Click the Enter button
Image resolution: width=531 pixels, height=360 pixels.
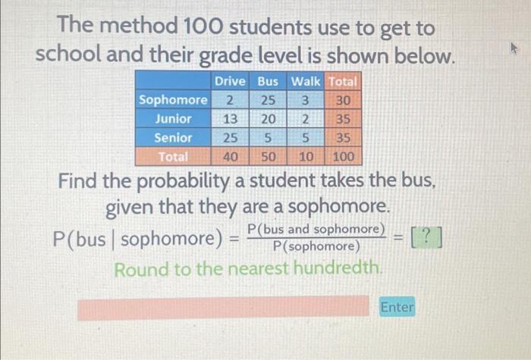397,307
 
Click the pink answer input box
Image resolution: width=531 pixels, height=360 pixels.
227,308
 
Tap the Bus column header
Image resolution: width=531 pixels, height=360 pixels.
268,81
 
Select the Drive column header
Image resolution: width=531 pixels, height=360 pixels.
230,81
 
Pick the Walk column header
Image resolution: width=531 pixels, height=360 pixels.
306,81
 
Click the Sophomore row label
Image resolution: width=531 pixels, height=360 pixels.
173,100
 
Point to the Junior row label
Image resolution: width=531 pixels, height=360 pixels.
173,119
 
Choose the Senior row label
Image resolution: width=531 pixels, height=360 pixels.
173,138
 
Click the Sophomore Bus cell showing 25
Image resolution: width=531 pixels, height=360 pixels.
268,100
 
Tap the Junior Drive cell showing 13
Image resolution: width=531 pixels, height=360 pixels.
230,119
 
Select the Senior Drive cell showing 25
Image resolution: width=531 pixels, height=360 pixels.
230,138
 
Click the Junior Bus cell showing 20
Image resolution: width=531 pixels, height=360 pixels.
268,119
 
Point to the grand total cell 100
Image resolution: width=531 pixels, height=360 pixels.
343,157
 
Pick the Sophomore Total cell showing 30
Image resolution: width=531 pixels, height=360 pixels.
343,100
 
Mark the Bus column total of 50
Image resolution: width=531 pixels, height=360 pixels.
268,157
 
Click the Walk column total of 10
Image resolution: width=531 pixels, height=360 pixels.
306,157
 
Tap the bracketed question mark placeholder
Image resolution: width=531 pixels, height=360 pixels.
426,238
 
